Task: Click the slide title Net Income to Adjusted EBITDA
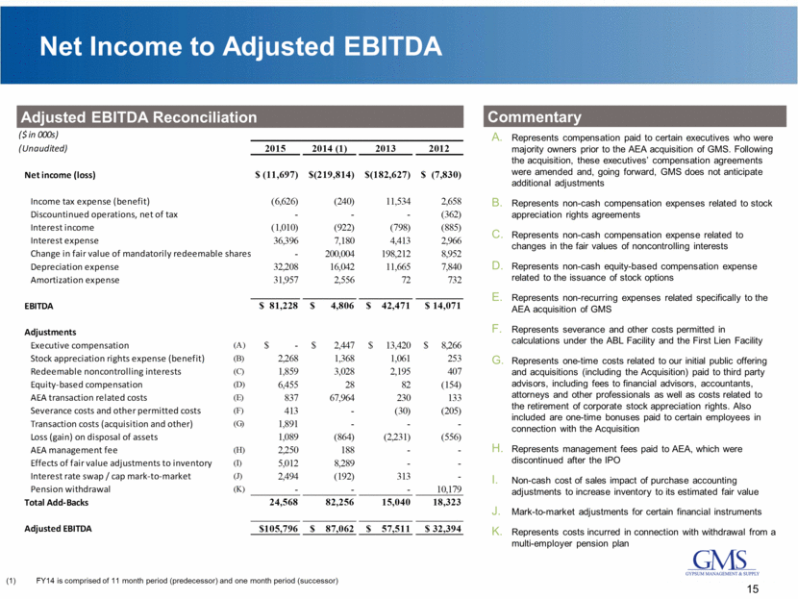(x=234, y=44)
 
